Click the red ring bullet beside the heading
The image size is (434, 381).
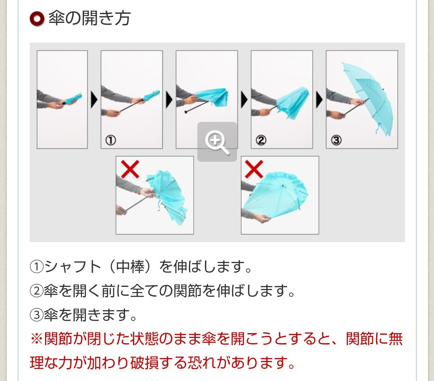37,19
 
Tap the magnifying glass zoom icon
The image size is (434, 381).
217,142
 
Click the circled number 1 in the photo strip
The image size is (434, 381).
111,140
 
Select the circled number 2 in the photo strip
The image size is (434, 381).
261,140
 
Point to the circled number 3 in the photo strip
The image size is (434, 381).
336,140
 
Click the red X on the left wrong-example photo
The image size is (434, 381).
130,169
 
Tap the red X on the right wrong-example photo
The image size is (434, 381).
254,169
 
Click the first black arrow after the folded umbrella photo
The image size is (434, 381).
94,100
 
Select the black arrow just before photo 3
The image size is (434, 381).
319,100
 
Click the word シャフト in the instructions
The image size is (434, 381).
73,267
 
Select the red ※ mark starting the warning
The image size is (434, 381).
37,339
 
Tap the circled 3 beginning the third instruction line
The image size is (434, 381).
37,315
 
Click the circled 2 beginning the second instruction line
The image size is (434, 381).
37,291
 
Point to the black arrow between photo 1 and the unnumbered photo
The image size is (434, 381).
169,100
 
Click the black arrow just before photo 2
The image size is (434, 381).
244,100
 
